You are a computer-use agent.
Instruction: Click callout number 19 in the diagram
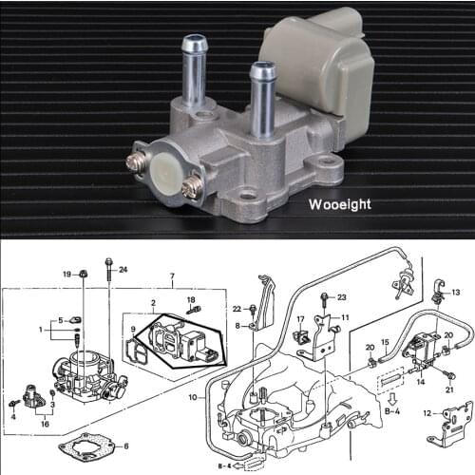pyautogui.click(x=67, y=274)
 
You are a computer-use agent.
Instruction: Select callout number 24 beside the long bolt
pyautogui.click(x=123, y=270)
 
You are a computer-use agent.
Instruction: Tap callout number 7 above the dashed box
pyautogui.click(x=171, y=279)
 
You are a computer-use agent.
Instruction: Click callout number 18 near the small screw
pyautogui.click(x=190, y=299)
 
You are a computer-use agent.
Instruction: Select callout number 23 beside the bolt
pyautogui.click(x=342, y=297)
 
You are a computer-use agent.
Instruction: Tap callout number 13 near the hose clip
pyautogui.click(x=456, y=293)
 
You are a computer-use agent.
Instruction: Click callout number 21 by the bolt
pyautogui.click(x=450, y=390)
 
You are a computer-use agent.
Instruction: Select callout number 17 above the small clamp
pyautogui.click(x=299, y=320)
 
